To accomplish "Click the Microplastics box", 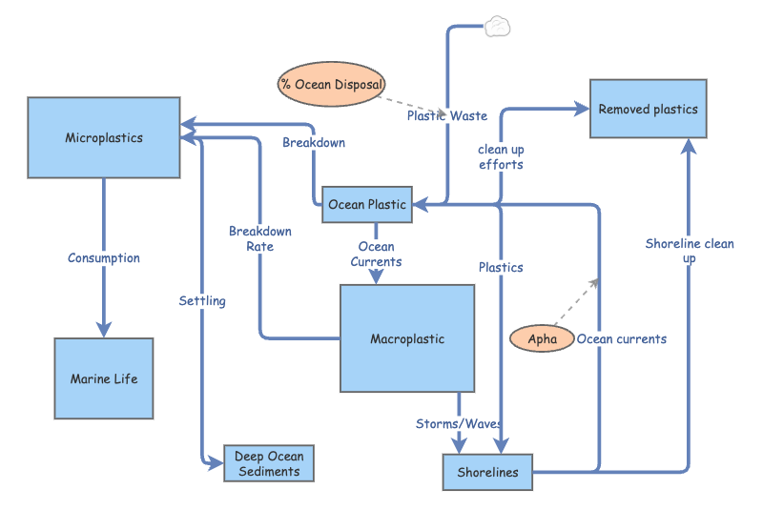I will click(x=104, y=137).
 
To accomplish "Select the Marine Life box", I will click(x=104, y=378).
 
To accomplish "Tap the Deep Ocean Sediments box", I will click(x=268, y=464).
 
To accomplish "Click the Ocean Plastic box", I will click(x=367, y=204).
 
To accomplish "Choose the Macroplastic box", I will click(x=407, y=338).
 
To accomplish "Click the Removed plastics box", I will click(x=648, y=109).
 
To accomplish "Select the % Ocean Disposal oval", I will click(x=332, y=84).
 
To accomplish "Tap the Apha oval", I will click(x=542, y=338).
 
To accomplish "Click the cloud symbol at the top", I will click(x=498, y=26).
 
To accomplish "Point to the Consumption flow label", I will click(x=104, y=257).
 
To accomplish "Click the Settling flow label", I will click(x=202, y=300).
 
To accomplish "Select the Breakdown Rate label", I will click(x=260, y=238).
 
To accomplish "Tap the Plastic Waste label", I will click(x=446, y=115).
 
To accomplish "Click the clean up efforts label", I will click(x=501, y=156).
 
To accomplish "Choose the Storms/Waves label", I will click(x=459, y=423).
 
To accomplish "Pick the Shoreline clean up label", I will click(x=689, y=250).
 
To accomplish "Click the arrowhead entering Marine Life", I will click(x=104, y=328).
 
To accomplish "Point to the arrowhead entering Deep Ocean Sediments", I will click(x=216, y=464).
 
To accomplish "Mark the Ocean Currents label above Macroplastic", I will click(x=376, y=255).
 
